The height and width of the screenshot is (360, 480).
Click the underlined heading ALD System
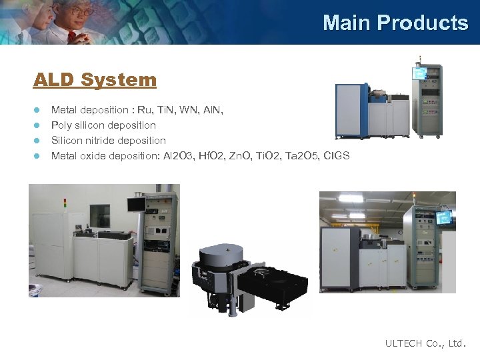[x=95, y=80]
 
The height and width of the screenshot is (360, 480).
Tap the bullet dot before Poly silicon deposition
[x=38, y=125]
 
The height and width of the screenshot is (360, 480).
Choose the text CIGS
[x=335, y=156]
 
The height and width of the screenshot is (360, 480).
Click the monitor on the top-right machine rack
[x=420, y=72]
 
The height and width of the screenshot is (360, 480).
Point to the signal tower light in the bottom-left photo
[x=65, y=203]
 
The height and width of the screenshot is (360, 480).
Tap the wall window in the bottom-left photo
[x=100, y=216]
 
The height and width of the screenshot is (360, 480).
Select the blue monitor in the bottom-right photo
[x=443, y=217]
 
